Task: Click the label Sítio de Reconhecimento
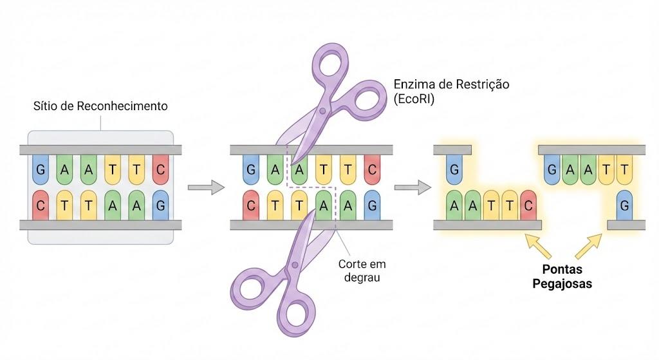tap(100, 106)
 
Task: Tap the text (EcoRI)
tap(414, 99)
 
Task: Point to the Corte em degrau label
tap(362, 270)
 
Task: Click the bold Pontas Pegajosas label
tap(562, 276)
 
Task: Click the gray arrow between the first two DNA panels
tap(206, 187)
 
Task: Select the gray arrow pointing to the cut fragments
tap(413, 187)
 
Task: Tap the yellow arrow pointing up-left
tap(538, 247)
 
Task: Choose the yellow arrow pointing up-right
tap(588, 247)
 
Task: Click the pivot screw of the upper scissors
tap(322, 111)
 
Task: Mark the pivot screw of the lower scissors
tap(295, 265)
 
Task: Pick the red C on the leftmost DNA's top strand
tap(160, 169)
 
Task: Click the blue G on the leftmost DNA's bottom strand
tap(160, 205)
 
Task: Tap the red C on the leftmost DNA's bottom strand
tap(41, 205)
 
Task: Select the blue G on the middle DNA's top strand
tap(251, 169)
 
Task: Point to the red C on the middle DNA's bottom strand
tap(251, 205)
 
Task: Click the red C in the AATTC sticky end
tap(528, 205)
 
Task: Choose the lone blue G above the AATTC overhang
tap(454, 169)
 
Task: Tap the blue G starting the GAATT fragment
tap(552, 169)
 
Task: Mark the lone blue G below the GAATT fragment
tap(624, 205)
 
